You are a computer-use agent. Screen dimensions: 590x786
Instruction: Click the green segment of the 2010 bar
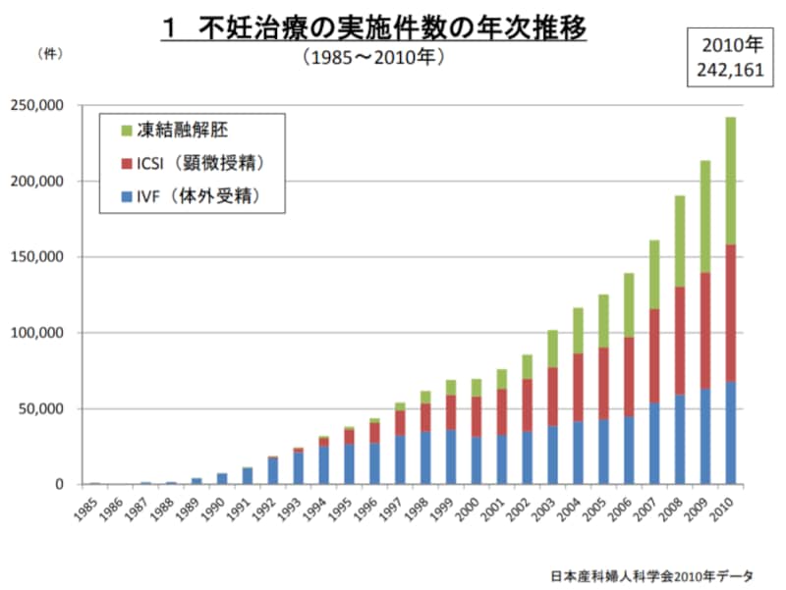[730, 181]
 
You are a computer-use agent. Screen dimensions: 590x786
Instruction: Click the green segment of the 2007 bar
[653, 275]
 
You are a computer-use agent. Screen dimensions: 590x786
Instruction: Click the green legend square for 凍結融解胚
[125, 130]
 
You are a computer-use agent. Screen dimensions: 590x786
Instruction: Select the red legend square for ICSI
[125, 162]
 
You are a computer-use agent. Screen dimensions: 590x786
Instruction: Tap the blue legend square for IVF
[125, 195]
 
